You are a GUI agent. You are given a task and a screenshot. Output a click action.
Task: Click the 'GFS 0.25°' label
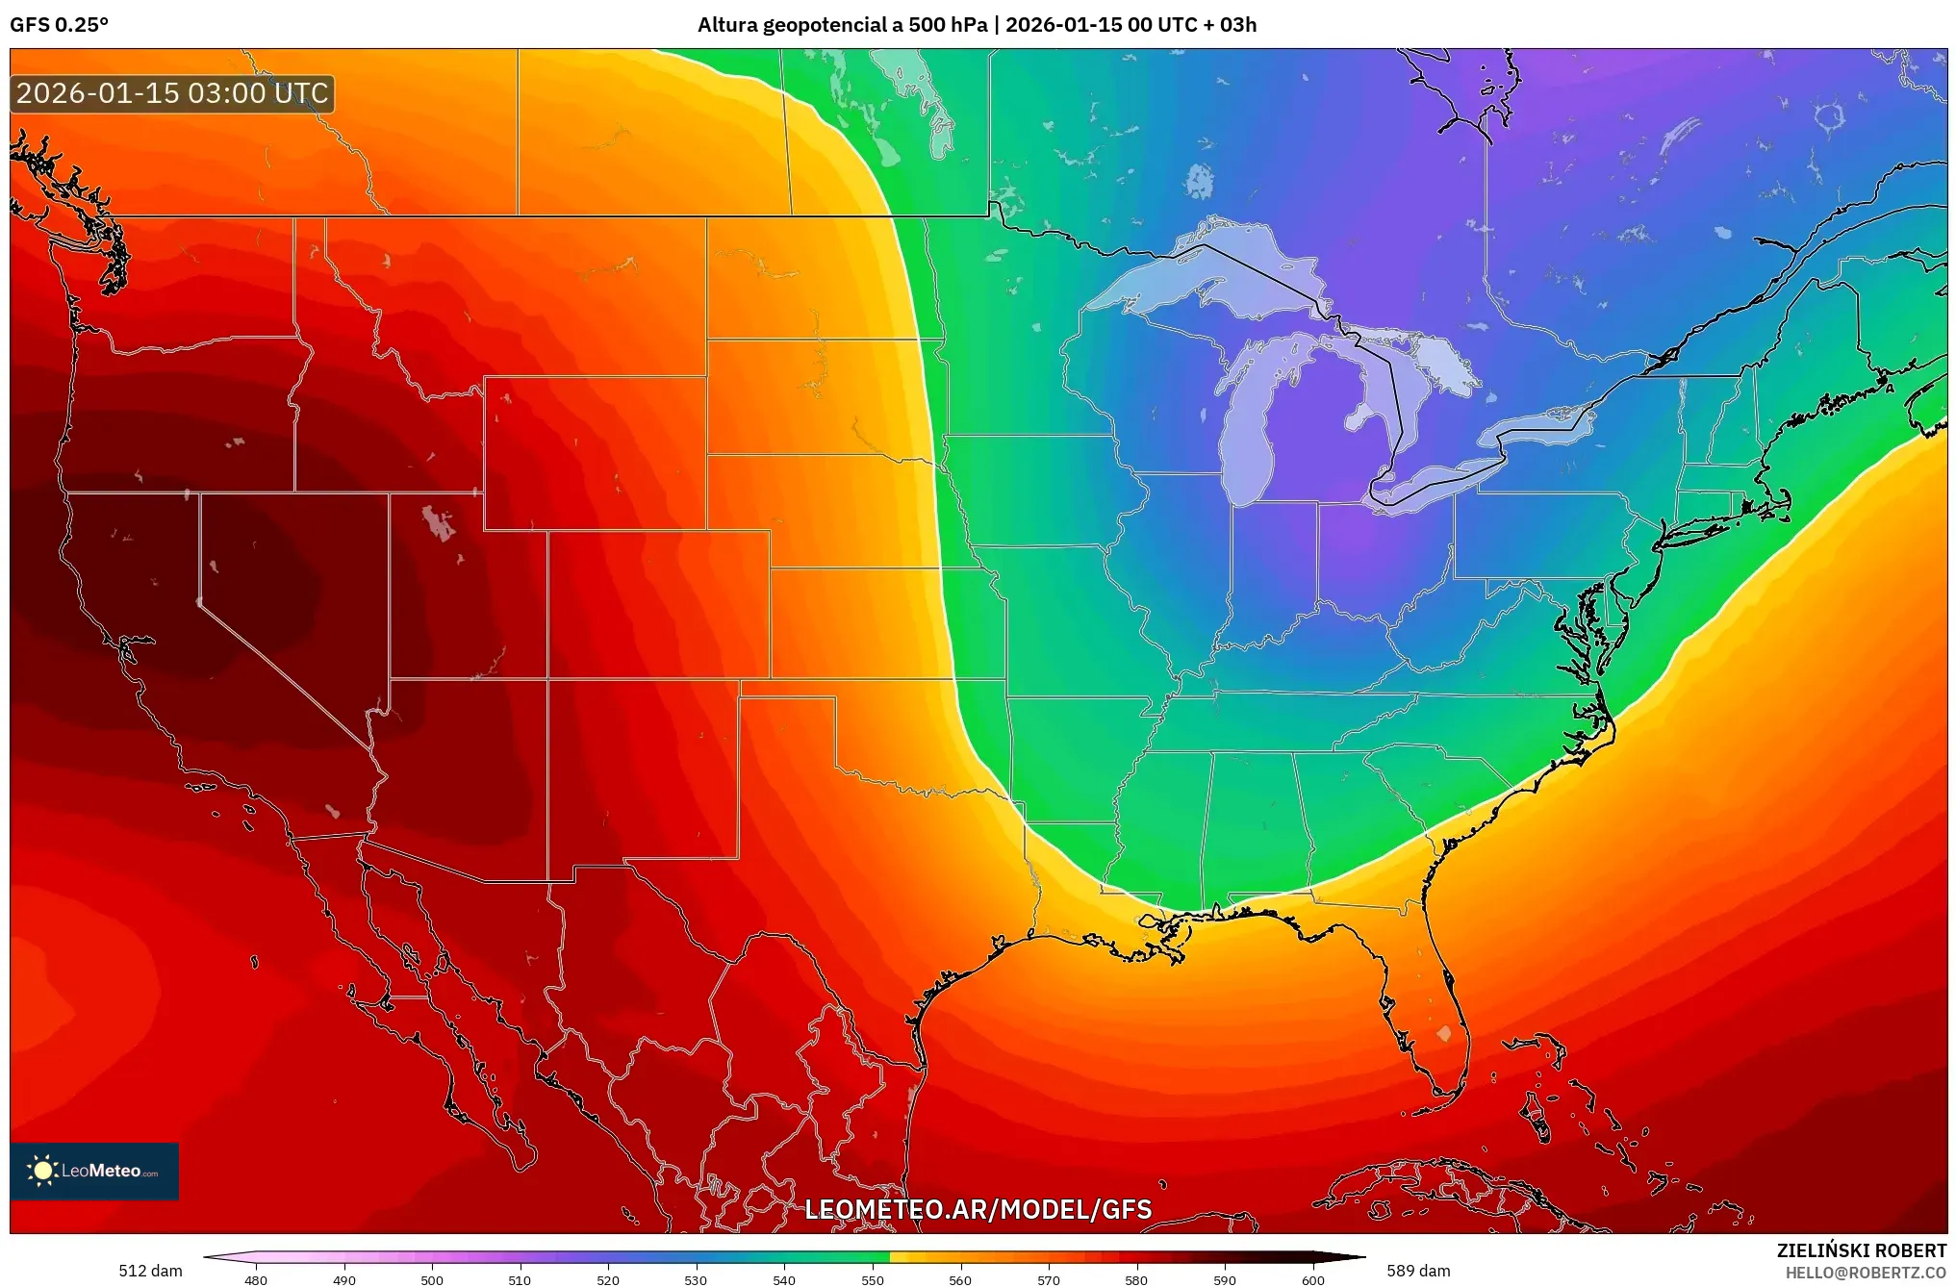[x=59, y=25]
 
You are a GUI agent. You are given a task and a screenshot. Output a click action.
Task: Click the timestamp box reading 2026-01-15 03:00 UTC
[x=172, y=93]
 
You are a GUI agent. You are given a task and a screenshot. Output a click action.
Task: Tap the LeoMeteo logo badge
[x=94, y=1171]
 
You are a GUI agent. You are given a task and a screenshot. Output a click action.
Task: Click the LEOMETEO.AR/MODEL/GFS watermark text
[x=978, y=1209]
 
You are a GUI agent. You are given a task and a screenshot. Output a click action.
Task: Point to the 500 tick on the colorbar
[x=432, y=1280]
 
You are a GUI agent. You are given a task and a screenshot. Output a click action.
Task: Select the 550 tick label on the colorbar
[x=872, y=1280]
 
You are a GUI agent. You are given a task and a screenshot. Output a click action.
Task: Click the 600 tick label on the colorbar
[x=1312, y=1280]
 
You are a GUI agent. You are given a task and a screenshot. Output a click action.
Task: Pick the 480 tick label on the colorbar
[x=256, y=1280]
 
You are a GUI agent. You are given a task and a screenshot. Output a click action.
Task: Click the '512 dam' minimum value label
[x=150, y=1271]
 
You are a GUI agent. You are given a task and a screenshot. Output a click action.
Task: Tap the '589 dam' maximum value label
[x=1418, y=1271]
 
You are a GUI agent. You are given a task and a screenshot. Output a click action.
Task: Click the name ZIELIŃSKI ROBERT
[x=1861, y=1250]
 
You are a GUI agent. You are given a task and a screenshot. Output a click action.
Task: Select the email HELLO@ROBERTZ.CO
[x=1865, y=1273]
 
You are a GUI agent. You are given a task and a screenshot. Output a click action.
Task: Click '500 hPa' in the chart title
[x=948, y=25]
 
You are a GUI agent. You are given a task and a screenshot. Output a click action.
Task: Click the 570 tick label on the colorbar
[x=1048, y=1280]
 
